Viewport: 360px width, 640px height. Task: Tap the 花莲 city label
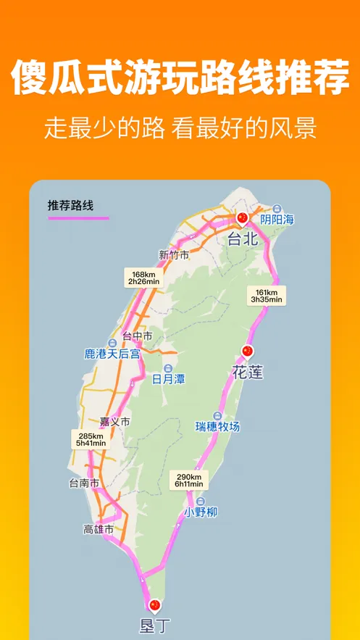(247, 373)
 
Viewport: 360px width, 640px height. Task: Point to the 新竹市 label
(174, 254)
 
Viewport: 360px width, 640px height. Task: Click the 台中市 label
(137, 336)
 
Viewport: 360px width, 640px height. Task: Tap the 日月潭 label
(167, 378)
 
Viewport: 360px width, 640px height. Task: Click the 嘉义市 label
(115, 421)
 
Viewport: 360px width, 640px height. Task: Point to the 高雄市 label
(99, 530)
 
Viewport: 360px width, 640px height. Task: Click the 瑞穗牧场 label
(217, 426)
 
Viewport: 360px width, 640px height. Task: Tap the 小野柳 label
(199, 512)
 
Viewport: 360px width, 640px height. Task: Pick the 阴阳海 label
(278, 218)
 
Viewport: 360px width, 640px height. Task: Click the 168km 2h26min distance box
(143, 276)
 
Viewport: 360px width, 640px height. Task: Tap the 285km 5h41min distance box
(90, 439)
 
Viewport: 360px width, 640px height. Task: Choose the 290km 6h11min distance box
(188, 480)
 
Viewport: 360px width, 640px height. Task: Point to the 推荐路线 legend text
(70, 206)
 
